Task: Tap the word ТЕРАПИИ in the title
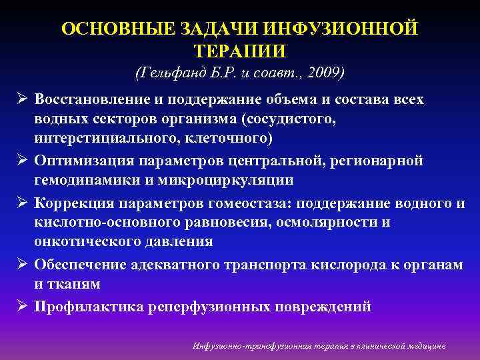click(240, 52)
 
